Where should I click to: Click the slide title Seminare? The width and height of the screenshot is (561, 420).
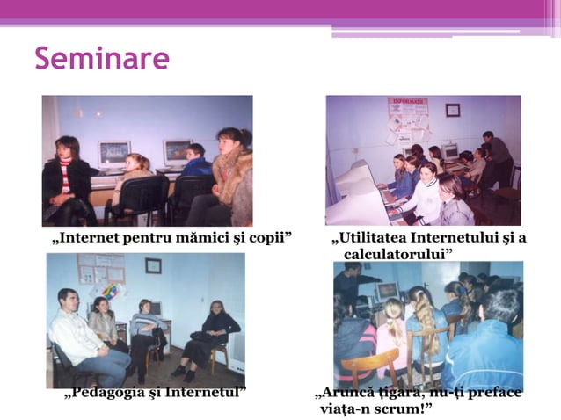102,59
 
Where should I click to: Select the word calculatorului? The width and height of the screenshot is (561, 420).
398,254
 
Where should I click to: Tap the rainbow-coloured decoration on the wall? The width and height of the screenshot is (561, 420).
113,290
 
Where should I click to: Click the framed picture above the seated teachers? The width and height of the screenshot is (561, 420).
153,265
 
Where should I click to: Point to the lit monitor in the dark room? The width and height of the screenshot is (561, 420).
387,292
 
